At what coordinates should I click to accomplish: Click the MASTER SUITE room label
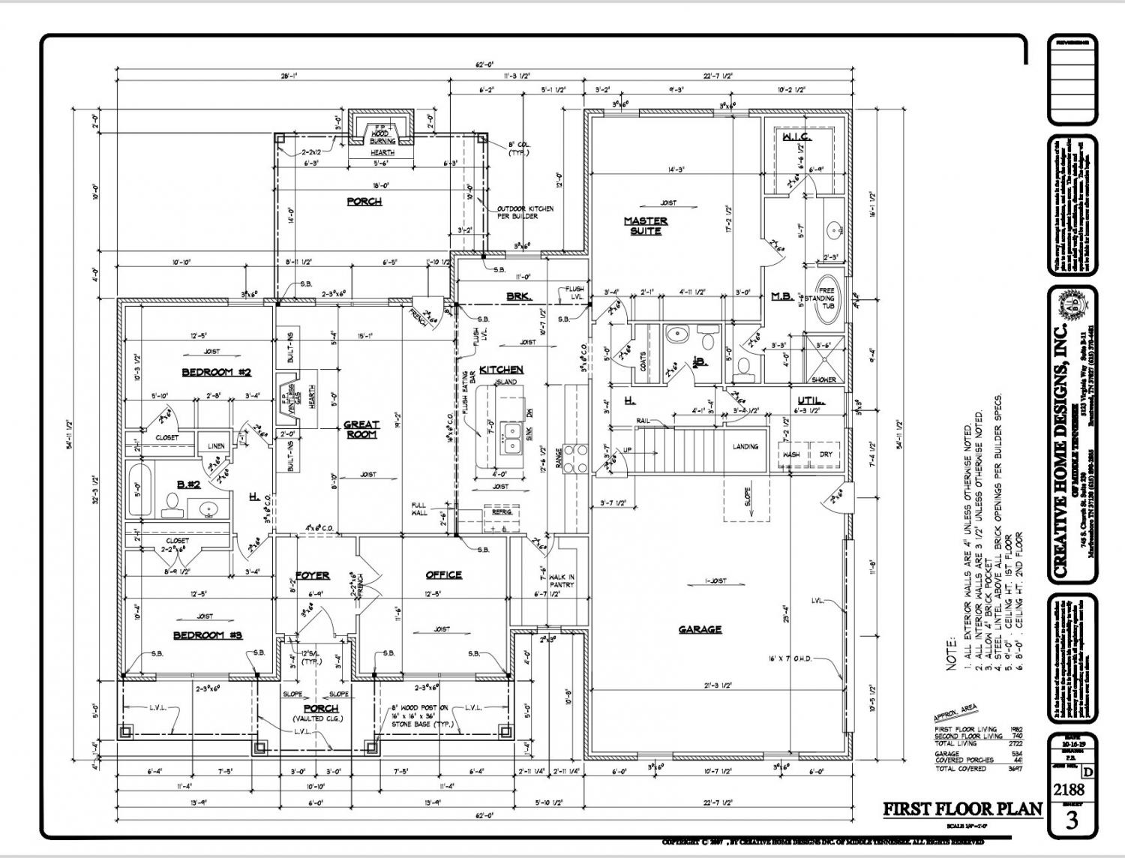tap(646, 226)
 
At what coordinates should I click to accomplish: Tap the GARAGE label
tap(700, 629)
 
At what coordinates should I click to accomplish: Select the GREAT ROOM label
tap(361, 429)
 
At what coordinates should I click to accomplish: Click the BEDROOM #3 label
tap(208, 635)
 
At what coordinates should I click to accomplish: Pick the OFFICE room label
tap(444, 574)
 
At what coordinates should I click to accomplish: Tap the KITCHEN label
tap(501, 370)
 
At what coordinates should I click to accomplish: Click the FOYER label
tap(312, 575)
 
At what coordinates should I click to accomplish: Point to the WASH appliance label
tap(791, 454)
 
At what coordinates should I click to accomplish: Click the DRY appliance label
tap(825, 454)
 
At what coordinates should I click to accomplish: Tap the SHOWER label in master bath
tap(823, 379)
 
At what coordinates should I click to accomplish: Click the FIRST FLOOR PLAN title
tap(962, 809)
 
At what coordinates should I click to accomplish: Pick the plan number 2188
tap(1069, 789)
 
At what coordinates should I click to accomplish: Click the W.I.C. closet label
tap(796, 137)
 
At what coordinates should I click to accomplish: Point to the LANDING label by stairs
tap(745, 446)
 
